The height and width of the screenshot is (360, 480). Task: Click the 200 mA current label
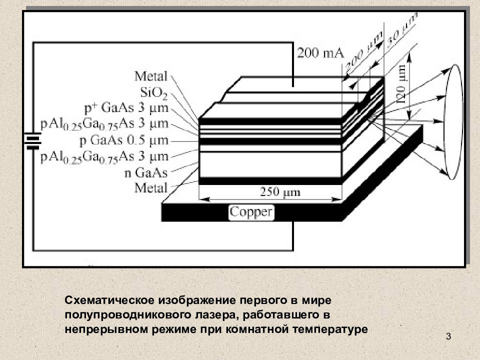[x=320, y=53]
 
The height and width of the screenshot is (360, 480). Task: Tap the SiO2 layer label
[x=153, y=93]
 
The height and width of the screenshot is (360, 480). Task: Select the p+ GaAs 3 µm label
[x=126, y=108]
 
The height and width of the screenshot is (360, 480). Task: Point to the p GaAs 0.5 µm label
[x=124, y=140]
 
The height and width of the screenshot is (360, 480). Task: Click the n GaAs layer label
[x=146, y=173]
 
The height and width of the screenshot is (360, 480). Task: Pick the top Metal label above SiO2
[x=151, y=76]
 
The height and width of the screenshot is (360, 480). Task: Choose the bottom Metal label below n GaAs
[x=151, y=187]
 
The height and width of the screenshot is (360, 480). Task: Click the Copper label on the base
[x=251, y=212]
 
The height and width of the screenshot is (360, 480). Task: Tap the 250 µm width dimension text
[x=280, y=192]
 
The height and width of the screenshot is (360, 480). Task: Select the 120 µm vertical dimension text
[x=402, y=84]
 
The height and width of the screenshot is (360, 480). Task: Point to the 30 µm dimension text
[x=402, y=31]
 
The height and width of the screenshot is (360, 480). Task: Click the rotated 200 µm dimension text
[x=364, y=51]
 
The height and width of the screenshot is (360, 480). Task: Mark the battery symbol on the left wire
[x=33, y=141]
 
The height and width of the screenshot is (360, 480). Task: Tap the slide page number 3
[x=448, y=336]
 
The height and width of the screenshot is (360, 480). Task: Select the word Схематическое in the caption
[x=109, y=300]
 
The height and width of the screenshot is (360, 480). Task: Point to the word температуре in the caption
[x=330, y=330]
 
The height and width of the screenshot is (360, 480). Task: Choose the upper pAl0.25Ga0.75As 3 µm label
[x=104, y=124]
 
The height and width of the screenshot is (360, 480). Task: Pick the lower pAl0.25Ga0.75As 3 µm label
[x=104, y=157]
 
